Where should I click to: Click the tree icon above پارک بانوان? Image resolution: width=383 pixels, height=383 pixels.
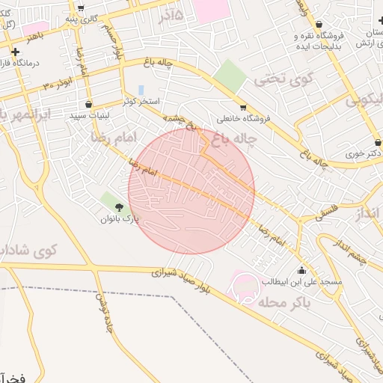tap(119, 206)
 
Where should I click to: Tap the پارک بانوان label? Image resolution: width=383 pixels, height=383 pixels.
tap(120, 219)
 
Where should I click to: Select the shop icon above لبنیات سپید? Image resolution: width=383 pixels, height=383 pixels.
tap(90, 105)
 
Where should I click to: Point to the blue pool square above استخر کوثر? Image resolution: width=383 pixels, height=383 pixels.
tap(141, 90)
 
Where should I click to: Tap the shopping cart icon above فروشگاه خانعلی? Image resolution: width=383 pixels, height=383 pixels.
tap(242, 108)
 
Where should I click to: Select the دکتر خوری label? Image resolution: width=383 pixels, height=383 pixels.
tap(365, 153)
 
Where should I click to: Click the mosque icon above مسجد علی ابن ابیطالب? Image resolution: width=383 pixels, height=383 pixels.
tap(301, 270)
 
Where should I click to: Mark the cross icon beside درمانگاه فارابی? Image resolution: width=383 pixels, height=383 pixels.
tap(15, 52)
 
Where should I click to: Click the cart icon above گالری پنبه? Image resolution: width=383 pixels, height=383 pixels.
tap(80, 7)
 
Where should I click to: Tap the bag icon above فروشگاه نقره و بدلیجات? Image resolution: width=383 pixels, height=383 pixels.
tap(319, 25)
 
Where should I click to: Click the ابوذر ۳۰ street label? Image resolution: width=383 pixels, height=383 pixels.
tap(58, 84)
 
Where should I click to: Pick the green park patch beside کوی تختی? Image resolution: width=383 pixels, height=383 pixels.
tap(230, 76)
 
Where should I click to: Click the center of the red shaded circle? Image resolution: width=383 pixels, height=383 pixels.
tap(191, 191)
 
